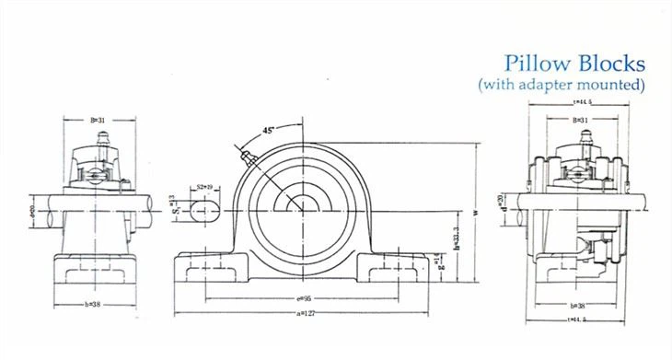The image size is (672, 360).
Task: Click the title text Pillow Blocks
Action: point(574,64)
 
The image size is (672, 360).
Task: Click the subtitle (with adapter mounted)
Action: point(561,85)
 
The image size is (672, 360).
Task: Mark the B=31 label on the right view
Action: point(581,120)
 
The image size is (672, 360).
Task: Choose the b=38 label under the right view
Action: point(580,304)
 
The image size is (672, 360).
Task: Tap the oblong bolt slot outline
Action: point(206,209)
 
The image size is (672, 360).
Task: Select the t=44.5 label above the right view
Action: point(581,103)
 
